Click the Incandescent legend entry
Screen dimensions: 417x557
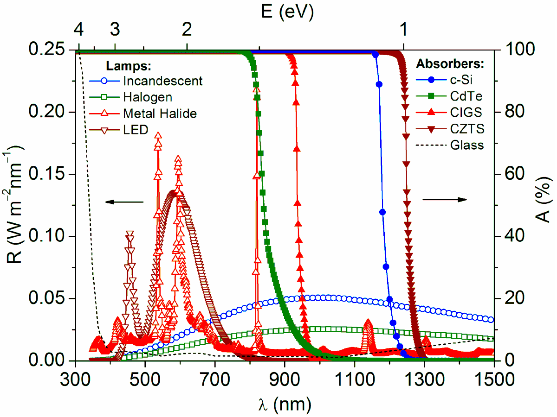(163, 81)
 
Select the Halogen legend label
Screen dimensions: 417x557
(148, 97)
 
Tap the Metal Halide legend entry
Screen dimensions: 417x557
(159, 114)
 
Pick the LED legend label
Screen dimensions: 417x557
(136, 130)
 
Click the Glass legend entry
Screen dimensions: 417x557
(467, 145)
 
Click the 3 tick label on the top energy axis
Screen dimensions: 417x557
(115, 30)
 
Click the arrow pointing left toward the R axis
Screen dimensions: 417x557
(124, 202)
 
